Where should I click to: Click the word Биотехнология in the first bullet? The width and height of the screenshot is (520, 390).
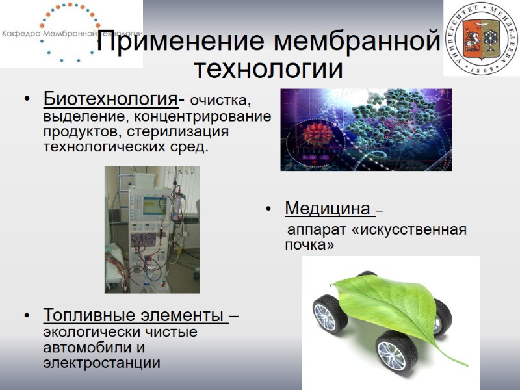[x=110, y=99]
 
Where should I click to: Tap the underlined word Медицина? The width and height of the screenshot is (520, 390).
[x=327, y=209]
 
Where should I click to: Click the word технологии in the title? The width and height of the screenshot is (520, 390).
[x=269, y=68]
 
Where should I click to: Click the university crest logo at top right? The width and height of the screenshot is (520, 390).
[x=482, y=38]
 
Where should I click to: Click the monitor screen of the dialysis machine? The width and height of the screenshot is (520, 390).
[x=154, y=205]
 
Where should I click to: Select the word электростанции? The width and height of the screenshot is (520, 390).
[x=101, y=363]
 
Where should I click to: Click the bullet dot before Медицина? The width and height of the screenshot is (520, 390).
[x=268, y=210]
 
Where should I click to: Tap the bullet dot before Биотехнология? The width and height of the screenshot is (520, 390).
[x=27, y=100]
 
